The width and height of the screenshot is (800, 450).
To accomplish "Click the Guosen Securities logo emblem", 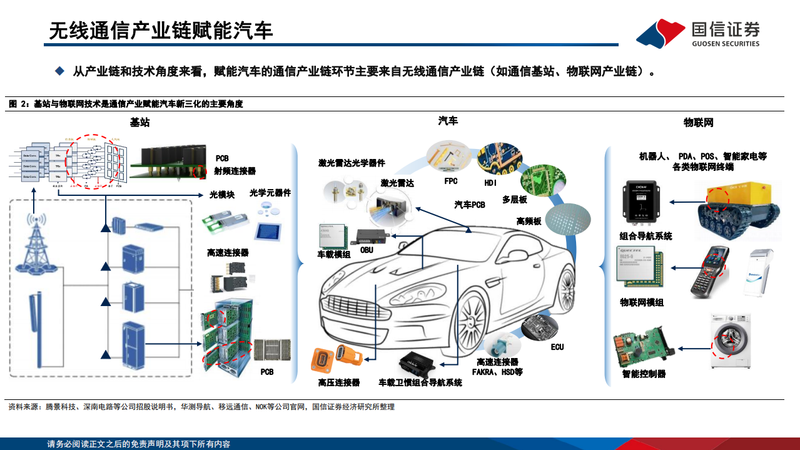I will [661, 33].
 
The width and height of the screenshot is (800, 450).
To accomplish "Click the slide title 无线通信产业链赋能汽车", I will [161, 31].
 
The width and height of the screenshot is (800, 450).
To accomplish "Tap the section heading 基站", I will [139, 123].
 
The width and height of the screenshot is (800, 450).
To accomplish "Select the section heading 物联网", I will [698, 123].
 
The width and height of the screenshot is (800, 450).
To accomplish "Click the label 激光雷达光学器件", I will [352, 163].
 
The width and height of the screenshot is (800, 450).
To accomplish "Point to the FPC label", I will [450, 182].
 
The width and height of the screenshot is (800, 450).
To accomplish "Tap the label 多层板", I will [514, 200].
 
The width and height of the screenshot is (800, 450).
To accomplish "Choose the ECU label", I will [557, 347].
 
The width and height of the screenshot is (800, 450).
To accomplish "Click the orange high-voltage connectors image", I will [337, 359].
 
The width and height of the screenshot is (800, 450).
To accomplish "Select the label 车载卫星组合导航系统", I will [420, 382].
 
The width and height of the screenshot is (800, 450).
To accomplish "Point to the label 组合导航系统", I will [646, 237].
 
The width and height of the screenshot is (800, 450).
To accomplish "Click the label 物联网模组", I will [642, 303].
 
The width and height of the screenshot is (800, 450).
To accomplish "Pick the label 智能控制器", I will [644, 374].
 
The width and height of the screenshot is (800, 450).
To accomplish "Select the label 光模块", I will [221, 195].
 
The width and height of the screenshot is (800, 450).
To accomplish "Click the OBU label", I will [367, 250].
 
